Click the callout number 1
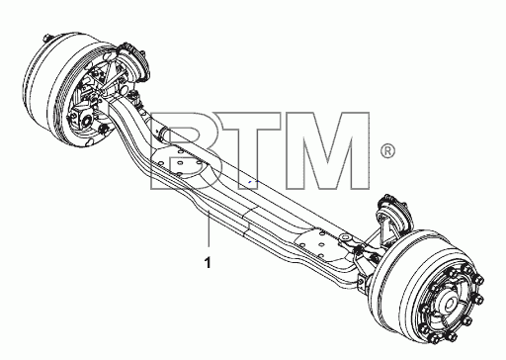click(x=208, y=262)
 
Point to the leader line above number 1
click(x=209, y=229)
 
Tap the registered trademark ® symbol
click(x=387, y=151)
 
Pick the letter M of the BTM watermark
click(x=327, y=150)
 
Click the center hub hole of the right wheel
click(x=449, y=305)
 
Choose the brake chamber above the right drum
click(x=394, y=210)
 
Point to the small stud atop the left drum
click(x=46, y=36)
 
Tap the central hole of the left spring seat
click(x=180, y=163)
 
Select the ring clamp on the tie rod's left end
click(x=161, y=134)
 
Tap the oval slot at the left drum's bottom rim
click(x=89, y=142)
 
